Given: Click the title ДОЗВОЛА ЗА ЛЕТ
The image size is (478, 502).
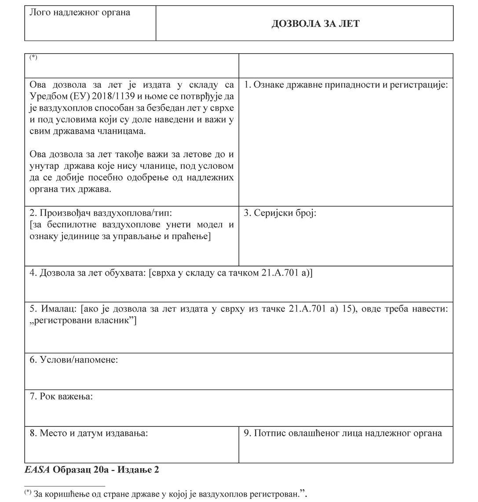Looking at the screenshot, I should tap(315, 24).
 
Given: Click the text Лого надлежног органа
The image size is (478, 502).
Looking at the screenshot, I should tap(80, 12).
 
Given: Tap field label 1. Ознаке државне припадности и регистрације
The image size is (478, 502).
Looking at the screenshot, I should tap(346, 85).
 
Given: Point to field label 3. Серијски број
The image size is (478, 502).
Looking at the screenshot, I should tap(280, 213).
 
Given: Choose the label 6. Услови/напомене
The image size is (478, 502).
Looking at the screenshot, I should tap(74, 360).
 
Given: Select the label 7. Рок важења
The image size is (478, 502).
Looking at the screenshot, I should tap(61, 397).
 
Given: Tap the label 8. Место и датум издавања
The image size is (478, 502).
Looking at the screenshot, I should tap(89, 433).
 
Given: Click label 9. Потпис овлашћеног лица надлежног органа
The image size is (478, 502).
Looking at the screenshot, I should tap(343, 433).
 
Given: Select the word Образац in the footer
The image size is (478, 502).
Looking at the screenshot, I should tap(72, 470).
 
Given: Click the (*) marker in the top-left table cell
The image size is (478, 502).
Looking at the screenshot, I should tap(34, 57).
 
